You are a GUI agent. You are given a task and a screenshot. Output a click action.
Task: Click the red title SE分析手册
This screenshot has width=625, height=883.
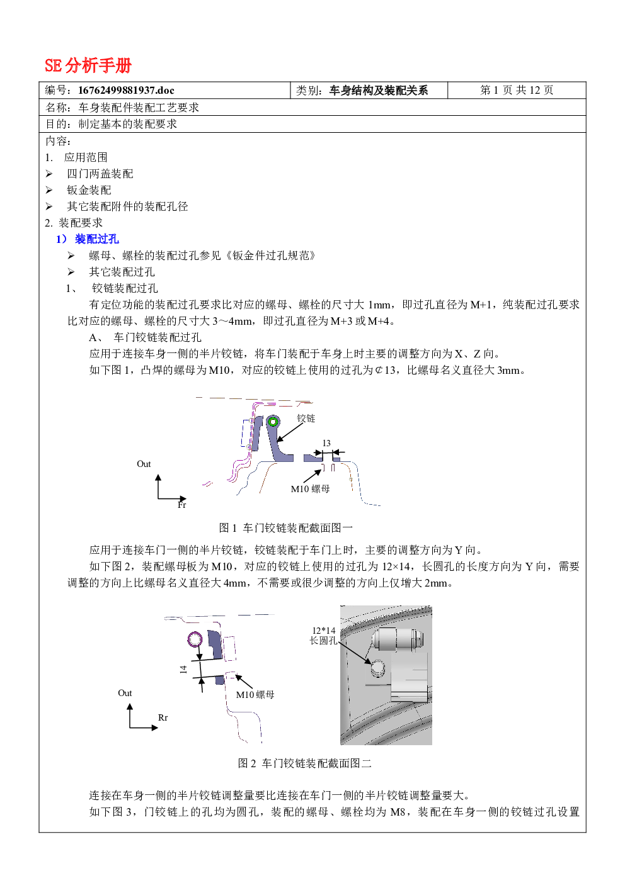click(x=88, y=65)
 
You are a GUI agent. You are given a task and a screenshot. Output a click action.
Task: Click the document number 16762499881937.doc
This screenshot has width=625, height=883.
click(x=126, y=90)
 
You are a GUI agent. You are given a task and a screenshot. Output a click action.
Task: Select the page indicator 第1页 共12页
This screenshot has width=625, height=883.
click(x=517, y=90)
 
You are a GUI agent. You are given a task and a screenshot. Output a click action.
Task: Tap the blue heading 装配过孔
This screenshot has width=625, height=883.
click(x=96, y=239)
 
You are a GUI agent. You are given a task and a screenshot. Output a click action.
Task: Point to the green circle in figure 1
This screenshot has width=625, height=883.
click(x=273, y=422)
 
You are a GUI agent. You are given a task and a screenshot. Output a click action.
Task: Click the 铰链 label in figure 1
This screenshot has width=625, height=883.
click(x=306, y=419)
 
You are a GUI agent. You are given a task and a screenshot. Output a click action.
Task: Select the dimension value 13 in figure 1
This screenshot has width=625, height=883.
click(x=326, y=443)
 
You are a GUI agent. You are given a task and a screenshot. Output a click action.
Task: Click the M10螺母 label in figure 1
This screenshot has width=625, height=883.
click(x=310, y=489)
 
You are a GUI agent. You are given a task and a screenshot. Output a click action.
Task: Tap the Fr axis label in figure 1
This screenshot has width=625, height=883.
click(x=181, y=505)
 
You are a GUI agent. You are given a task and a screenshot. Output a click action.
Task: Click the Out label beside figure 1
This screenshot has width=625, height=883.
click(x=144, y=464)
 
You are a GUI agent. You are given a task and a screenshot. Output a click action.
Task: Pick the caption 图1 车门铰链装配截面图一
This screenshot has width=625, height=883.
click(x=285, y=527)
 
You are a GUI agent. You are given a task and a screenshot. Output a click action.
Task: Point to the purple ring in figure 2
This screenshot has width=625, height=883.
click(x=195, y=639)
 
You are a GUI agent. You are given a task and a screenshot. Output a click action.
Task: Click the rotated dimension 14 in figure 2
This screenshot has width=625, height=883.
click(x=183, y=670)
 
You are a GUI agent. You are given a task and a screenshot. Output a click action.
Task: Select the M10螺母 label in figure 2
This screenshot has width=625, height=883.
click(x=255, y=695)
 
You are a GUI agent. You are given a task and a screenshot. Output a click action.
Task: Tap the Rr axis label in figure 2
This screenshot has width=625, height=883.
click(x=163, y=717)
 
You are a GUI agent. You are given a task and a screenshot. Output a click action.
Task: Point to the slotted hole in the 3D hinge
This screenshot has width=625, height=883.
click(x=377, y=668)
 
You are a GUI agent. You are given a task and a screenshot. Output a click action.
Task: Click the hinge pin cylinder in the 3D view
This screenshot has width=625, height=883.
click(x=397, y=639)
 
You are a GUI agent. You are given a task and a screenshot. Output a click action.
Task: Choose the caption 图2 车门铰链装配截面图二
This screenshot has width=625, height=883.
click(x=304, y=763)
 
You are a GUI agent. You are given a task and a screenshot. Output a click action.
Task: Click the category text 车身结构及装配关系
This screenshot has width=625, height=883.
click(x=379, y=90)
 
